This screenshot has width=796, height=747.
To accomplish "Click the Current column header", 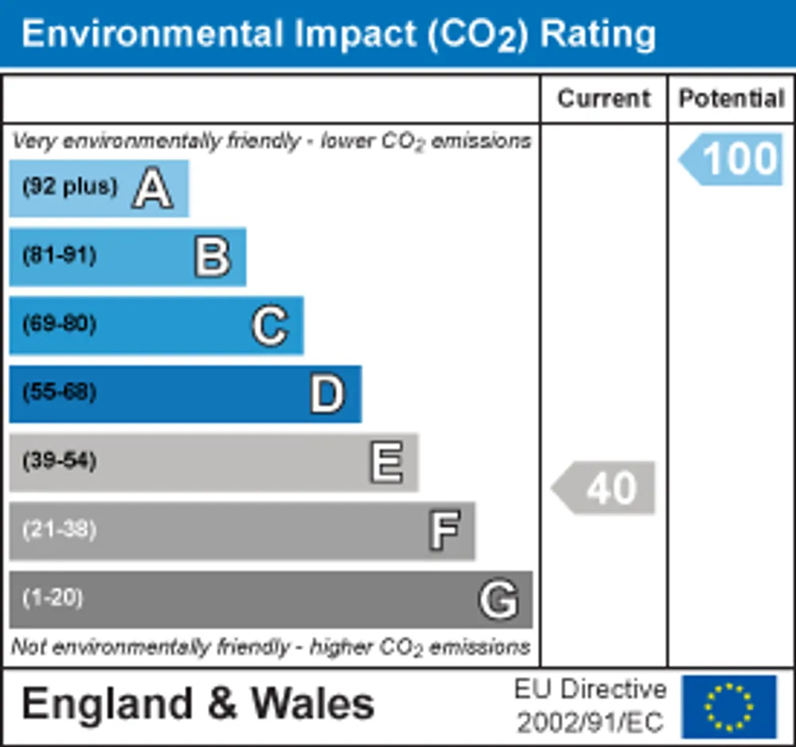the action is [603, 99].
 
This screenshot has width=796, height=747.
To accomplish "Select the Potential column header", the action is [732, 99].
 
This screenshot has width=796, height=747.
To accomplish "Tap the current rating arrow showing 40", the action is [603, 487].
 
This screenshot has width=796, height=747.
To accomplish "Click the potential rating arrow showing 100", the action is [731, 159].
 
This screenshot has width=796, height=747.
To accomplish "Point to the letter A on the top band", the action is [152, 188].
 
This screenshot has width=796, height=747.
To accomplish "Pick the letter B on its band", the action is [213, 257].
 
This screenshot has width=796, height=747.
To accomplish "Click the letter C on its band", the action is [270, 326].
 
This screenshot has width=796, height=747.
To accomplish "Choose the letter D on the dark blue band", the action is [327, 394].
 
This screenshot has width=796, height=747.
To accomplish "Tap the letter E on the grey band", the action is [386, 462].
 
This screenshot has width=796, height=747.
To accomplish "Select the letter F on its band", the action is [445, 530].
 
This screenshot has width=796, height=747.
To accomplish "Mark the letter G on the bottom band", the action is [498, 600].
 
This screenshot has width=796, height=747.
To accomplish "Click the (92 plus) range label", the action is [69, 186].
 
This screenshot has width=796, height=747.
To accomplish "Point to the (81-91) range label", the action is [60, 255].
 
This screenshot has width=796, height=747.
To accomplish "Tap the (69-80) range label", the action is [60, 323].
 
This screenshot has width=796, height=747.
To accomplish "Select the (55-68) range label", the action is [60, 392].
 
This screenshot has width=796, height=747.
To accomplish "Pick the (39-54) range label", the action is [60, 460].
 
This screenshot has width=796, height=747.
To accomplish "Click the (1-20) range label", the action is [53, 598].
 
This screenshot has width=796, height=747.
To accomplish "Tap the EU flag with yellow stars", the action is [729, 706].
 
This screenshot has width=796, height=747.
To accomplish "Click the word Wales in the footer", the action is [313, 704].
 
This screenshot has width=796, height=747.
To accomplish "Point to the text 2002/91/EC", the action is [590, 722].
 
